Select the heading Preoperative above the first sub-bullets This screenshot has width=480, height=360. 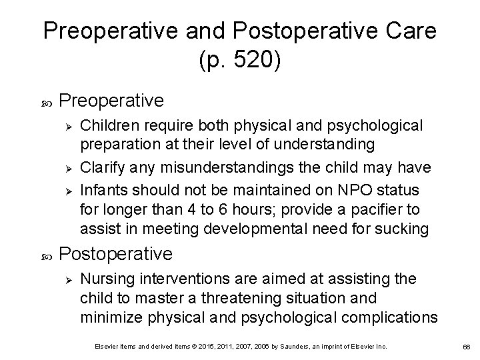111,100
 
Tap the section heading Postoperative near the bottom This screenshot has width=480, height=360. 116,254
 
